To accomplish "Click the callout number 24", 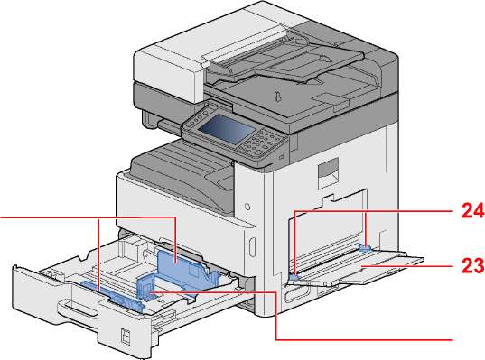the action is tap(472, 211).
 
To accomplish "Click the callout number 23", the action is tap(472, 265).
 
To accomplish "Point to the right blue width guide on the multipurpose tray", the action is tap(365, 246).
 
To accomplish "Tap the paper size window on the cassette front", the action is tap(126, 336).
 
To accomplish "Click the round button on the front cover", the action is tap(247, 207).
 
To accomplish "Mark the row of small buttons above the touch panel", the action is tap(198, 116).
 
